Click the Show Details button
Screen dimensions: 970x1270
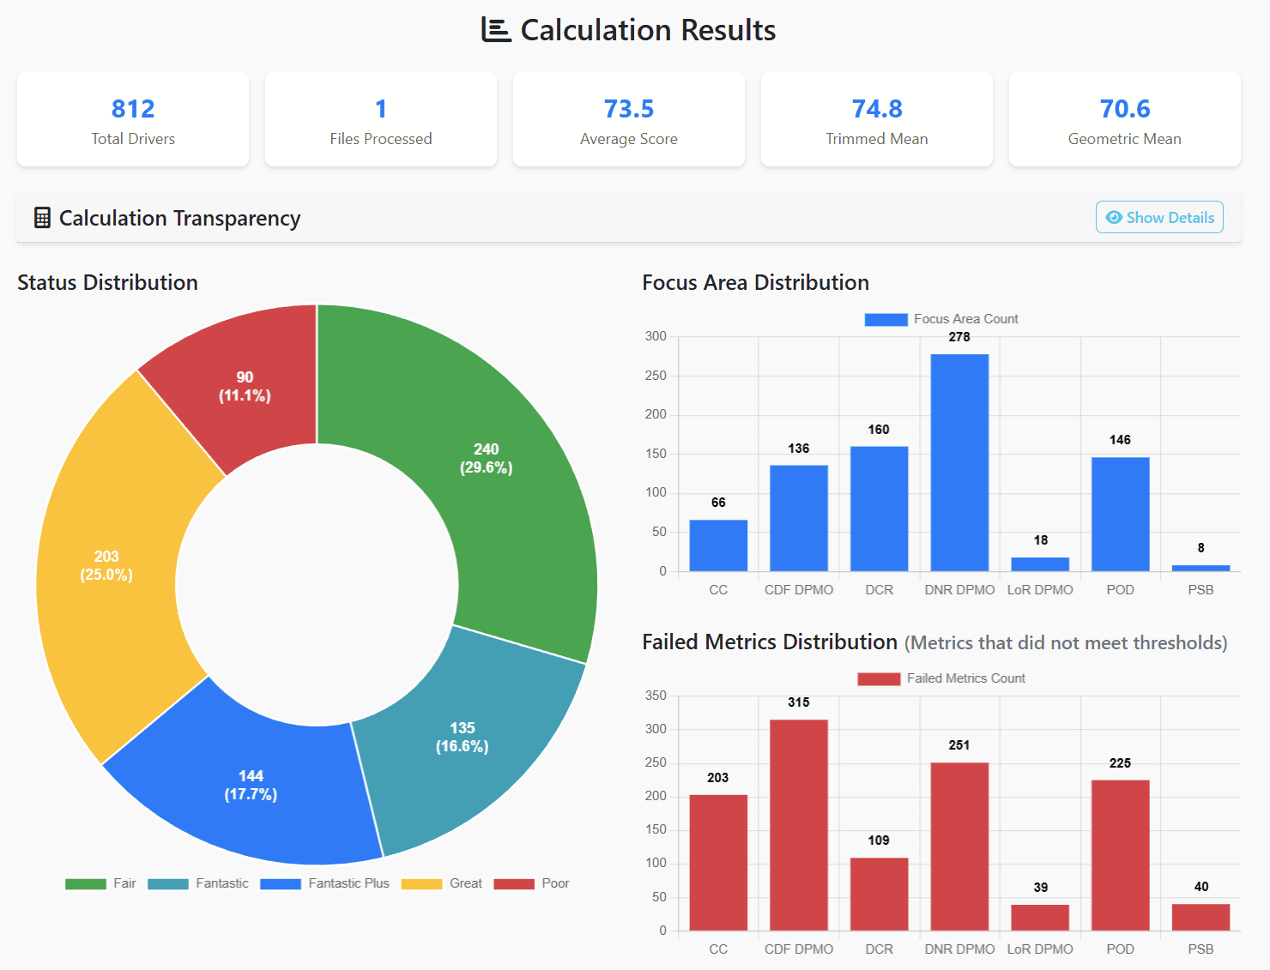1159,218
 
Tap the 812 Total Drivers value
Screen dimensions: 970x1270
133,109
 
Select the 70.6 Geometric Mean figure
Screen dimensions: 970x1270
1124,109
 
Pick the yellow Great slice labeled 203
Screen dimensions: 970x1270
106,565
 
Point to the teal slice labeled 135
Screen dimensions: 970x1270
463,737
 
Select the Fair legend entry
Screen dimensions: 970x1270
100,883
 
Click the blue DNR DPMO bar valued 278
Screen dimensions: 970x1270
959,463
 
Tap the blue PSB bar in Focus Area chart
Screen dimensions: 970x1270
1200,568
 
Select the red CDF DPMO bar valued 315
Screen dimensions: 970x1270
798,823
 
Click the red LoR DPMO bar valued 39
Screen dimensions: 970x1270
1040,917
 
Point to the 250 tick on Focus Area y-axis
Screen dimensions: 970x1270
656,376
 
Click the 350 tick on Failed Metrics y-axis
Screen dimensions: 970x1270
656,696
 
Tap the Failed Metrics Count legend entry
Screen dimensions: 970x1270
941,678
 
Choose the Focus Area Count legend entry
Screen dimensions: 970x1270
941,319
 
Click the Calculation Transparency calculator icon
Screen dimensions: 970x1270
42,218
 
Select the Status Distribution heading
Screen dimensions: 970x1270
107,282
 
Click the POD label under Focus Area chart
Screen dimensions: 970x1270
1120,590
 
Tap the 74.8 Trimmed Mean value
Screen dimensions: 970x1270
876,109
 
